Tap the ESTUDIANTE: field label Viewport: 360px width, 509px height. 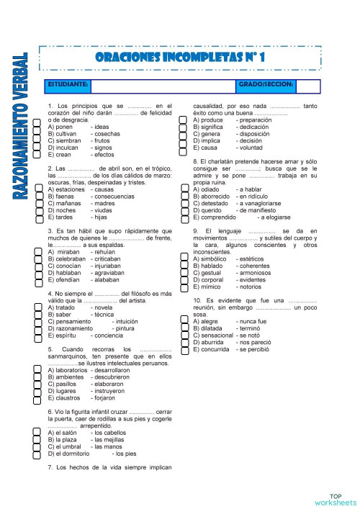tap(68, 85)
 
